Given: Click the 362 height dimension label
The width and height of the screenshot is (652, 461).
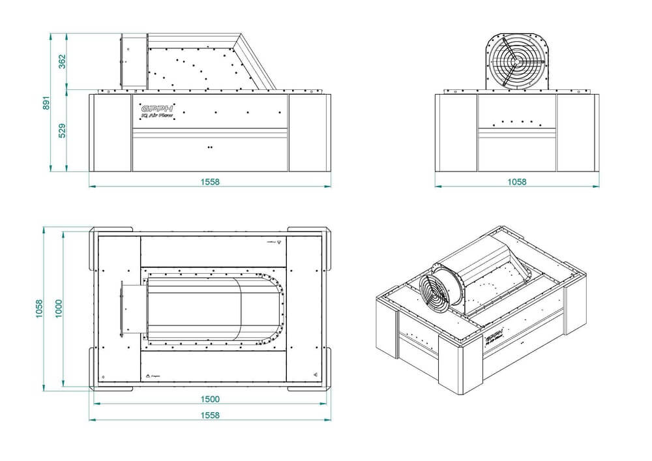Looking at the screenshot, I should click(62, 61).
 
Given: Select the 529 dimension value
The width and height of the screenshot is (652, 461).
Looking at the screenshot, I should click(62, 130).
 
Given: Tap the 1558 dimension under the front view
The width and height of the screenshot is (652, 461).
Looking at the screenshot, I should click(210, 182).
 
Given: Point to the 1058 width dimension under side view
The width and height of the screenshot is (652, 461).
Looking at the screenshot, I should click(516, 182).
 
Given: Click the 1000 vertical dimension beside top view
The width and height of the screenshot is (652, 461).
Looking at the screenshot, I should click(58, 306).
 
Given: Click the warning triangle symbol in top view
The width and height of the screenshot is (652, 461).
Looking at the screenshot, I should click(149, 376).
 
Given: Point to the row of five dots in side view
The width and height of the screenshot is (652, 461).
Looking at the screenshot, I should click(516, 122).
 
